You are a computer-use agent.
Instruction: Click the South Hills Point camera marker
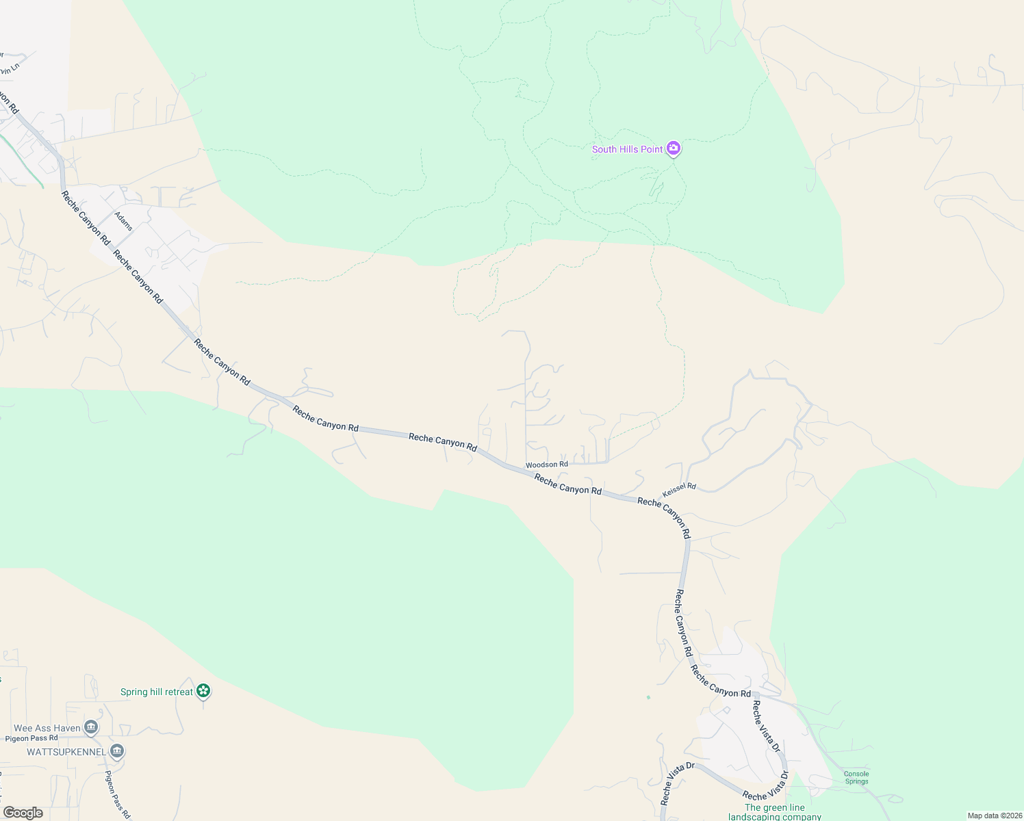point(674,148)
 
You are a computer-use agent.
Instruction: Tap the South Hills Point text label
point(627,149)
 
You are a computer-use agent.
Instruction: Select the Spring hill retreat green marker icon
point(203,691)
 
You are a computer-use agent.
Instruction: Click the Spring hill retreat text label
point(157,692)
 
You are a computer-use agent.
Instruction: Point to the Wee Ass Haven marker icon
point(91,727)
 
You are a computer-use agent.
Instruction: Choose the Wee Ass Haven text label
point(47,728)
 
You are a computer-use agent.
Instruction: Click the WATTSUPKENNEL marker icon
point(117,751)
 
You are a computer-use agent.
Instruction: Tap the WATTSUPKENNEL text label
point(66,752)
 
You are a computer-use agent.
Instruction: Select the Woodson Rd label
point(546,465)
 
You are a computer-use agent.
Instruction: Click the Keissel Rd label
point(679,490)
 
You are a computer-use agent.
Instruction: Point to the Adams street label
point(124,221)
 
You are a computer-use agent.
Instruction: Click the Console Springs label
point(856,778)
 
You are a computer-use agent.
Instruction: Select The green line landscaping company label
point(774,812)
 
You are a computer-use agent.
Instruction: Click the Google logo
point(23,813)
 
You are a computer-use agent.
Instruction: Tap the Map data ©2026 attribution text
point(994,816)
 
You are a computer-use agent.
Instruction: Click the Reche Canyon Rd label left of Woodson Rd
point(442,441)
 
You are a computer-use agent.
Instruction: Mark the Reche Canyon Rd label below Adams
point(138,276)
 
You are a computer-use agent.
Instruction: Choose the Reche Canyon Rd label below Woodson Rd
point(567,485)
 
